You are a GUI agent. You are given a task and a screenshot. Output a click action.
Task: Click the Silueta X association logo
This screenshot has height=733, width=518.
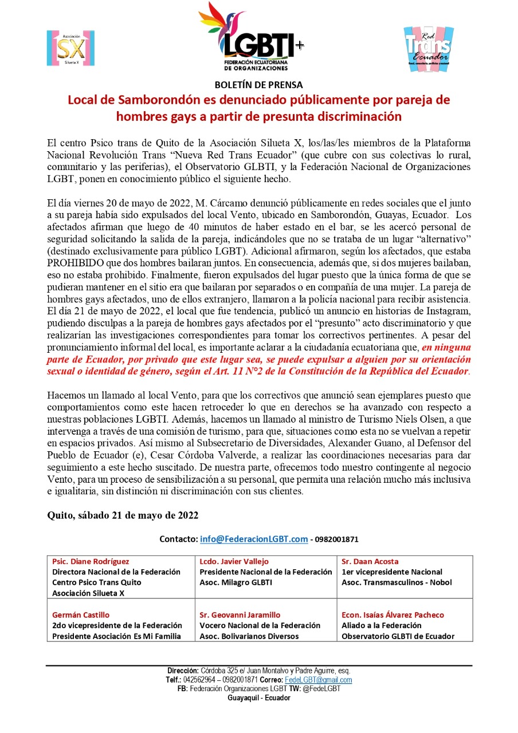coord(70,48)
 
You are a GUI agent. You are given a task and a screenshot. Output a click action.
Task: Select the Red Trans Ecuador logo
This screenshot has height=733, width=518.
coord(428,49)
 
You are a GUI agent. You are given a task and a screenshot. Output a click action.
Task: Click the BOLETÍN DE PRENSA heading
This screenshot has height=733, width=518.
coord(259,85)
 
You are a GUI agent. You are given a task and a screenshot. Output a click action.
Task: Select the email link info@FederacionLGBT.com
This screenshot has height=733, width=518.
coord(254,539)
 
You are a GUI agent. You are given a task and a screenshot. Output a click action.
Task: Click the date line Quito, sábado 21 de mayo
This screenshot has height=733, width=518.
coord(123,515)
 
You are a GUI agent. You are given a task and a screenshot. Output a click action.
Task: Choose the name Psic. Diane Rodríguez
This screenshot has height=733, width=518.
coord(91,562)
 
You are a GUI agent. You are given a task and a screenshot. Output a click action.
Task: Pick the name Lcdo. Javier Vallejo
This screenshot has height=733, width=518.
coord(234,562)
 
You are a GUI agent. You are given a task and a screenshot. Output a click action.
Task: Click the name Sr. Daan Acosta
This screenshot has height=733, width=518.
coord(370,562)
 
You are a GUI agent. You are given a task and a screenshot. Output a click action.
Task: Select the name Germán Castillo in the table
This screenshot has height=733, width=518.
coord(81,615)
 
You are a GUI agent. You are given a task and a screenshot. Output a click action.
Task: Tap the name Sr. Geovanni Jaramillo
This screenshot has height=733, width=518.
coord(240,615)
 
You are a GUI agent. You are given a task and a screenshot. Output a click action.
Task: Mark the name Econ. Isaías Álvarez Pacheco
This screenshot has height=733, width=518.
coord(393,615)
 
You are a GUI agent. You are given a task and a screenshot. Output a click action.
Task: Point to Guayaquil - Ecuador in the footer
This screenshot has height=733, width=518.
coord(259,698)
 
